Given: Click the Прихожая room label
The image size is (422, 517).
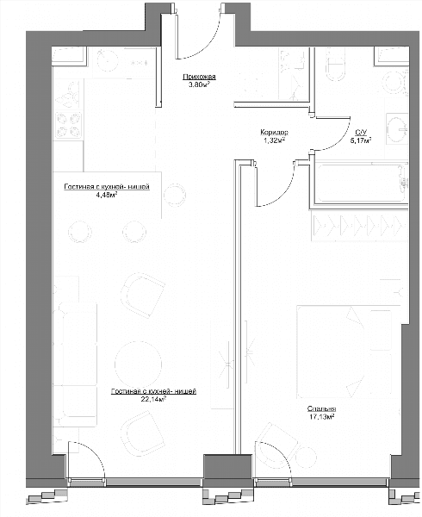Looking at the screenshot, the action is pos(199,77).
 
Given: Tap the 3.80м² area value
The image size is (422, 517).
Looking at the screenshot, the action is pos(199,84).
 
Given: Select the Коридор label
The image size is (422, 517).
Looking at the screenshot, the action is pos(274,132).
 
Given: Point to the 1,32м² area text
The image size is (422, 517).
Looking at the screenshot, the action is pos(274,140).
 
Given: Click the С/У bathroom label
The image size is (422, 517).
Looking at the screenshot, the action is pos(361,132).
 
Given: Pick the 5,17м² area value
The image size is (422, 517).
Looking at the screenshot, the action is pos(361,140).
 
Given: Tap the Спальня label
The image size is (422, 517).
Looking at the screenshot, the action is pos(321,408).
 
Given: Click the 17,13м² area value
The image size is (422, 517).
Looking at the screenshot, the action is pos(321,417).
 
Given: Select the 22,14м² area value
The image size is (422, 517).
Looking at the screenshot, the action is pos(152,399).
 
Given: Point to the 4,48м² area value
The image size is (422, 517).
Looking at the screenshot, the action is pos(107,195).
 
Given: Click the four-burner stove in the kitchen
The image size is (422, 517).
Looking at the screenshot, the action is pos(69,125).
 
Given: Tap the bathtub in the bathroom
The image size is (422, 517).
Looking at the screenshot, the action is pos(360,183).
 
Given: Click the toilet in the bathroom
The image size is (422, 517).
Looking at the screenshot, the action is pos(336,65).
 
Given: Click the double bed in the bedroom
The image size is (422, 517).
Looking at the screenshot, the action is pos(344,352).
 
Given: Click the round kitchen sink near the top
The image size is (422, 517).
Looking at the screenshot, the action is pos(108,60).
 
